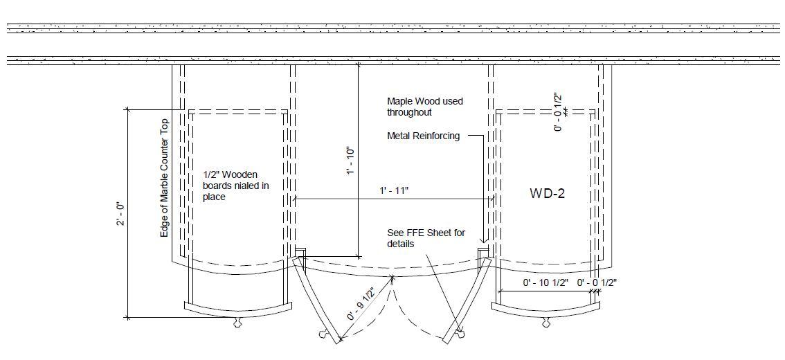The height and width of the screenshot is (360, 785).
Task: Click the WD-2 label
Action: (x=547, y=193)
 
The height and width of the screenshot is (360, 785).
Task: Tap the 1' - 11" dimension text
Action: (x=394, y=190)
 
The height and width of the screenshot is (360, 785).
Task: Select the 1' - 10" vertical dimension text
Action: (x=350, y=161)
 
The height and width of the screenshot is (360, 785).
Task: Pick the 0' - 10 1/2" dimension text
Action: (x=545, y=283)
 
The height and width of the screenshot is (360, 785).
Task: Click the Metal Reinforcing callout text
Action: (x=424, y=136)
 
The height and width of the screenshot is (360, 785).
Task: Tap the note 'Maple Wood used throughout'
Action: (x=425, y=107)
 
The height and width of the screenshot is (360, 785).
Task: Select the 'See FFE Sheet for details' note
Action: (x=426, y=238)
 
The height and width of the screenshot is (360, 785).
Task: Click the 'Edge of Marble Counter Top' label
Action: (x=164, y=178)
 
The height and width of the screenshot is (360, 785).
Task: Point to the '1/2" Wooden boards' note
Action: (x=236, y=186)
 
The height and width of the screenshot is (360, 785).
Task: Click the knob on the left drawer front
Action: (x=237, y=323)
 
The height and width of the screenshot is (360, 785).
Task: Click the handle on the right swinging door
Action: (x=460, y=332)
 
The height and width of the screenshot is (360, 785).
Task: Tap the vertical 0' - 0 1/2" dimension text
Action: (x=558, y=111)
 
